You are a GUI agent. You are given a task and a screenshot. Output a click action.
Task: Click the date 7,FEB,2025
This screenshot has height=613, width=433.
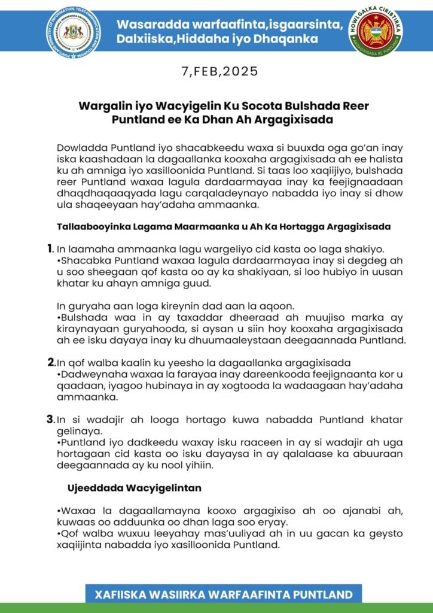[219, 72]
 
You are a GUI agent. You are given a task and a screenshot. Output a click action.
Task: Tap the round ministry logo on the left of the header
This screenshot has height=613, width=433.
[73, 32]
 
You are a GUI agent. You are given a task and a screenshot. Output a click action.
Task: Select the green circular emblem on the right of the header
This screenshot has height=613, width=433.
[376, 32]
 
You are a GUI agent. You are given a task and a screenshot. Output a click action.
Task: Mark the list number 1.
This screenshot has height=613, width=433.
[50, 248]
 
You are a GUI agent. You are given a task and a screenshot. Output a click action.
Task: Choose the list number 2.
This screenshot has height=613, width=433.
[51, 362]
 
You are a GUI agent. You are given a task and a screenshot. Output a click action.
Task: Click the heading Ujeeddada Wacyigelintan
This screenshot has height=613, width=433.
[135, 488]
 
